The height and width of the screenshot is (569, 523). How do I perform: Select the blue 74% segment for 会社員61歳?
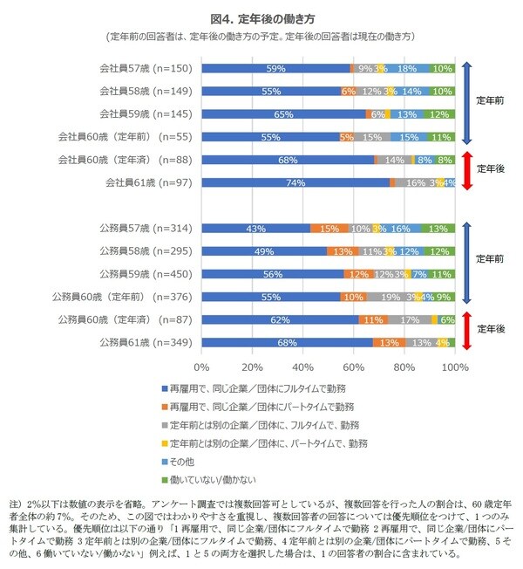coord(295,182)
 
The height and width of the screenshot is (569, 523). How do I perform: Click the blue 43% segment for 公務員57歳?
coord(256,229)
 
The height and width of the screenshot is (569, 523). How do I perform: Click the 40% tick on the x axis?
coord(303,367)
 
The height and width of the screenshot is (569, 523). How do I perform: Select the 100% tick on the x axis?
coord(455,367)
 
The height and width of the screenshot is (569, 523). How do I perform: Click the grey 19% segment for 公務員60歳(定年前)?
coord(390,297)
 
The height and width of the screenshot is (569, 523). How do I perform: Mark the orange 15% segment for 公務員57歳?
coord(329,229)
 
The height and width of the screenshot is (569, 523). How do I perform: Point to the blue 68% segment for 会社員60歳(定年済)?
coord(288,160)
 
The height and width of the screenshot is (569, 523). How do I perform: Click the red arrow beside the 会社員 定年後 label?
coord(467,170)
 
